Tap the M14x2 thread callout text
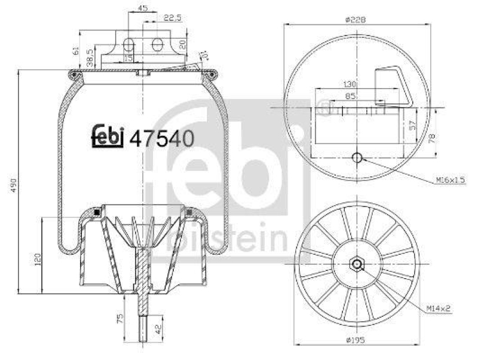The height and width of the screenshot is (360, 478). (x=439, y=309)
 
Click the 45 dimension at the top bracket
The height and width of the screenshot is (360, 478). (x=143, y=8)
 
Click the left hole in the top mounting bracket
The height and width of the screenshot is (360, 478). (x=128, y=44)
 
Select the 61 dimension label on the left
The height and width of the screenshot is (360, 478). (x=76, y=51)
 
